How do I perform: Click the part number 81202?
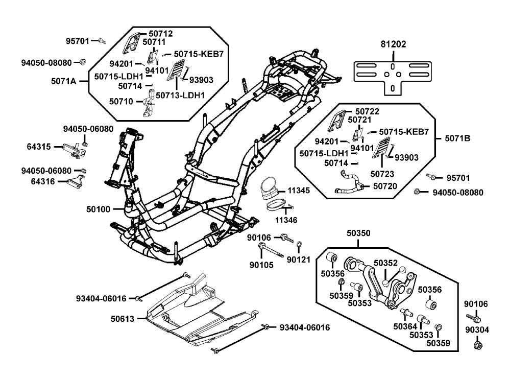(x=393, y=44)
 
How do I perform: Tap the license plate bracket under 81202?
(x=393, y=75)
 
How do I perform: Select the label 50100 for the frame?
(x=99, y=209)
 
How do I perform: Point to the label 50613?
(x=123, y=319)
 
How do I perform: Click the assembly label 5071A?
(x=64, y=81)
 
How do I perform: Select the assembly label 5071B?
(x=457, y=138)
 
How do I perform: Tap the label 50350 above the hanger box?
(x=358, y=233)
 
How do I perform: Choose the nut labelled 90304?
(x=477, y=345)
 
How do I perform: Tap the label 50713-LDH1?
(x=180, y=95)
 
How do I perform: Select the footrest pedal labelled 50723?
(x=381, y=148)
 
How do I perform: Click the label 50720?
(x=385, y=186)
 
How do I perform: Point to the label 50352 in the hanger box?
(x=385, y=263)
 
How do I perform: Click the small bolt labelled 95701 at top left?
(x=103, y=41)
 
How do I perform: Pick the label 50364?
(x=405, y=326)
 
